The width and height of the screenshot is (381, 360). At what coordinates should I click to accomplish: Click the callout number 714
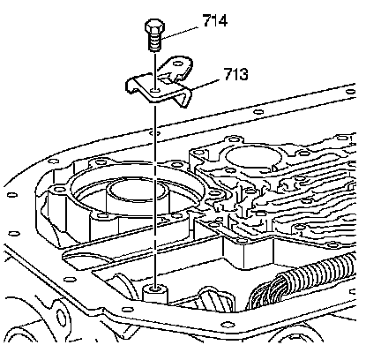[x=215, y=20]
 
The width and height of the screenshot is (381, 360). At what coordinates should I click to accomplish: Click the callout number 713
[x=236, y=74]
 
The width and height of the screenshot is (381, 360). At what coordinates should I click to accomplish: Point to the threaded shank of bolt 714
[x=155, y=41]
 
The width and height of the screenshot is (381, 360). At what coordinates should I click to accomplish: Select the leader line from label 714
[x=180, y=34]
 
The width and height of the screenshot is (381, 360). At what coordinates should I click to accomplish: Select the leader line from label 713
[x=205, y=84]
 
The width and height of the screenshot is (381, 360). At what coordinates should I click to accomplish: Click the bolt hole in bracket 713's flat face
[x=154, y=89]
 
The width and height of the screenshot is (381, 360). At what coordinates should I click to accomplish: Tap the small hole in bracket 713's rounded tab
[x=177, y=64]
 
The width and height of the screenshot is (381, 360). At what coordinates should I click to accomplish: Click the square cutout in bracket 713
[x=165, y=79]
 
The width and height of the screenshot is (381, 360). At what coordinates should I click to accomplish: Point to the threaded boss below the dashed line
[x=154, y=294]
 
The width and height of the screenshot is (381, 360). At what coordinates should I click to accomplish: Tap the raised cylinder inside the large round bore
[x=138, y=195]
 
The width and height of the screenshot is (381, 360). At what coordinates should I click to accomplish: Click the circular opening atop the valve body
[x=252, y=157]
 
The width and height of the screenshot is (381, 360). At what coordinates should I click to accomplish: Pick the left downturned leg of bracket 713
[x=131, y=86]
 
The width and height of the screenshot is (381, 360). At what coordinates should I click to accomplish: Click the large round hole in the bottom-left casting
[x=61, y=318]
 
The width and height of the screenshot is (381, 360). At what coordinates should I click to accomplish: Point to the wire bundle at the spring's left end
[x=262, y=294]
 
